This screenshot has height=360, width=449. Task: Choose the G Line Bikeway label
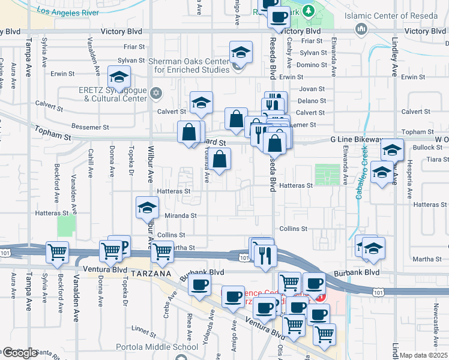(x=357, y=140)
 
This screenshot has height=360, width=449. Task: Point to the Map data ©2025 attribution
(x=424, y=355)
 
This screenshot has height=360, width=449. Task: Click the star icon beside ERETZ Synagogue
(x=157, y=92)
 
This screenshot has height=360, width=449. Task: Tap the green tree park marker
(x=308, y=10)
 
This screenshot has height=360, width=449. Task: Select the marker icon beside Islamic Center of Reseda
(x=361, y=29)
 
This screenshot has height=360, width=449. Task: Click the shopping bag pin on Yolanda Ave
(x=220, y=159)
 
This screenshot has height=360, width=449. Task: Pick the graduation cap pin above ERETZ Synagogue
(x=119, y=77)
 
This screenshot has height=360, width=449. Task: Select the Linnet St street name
(x=145, y=328)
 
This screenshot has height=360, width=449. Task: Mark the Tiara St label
(x=438, y=159)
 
